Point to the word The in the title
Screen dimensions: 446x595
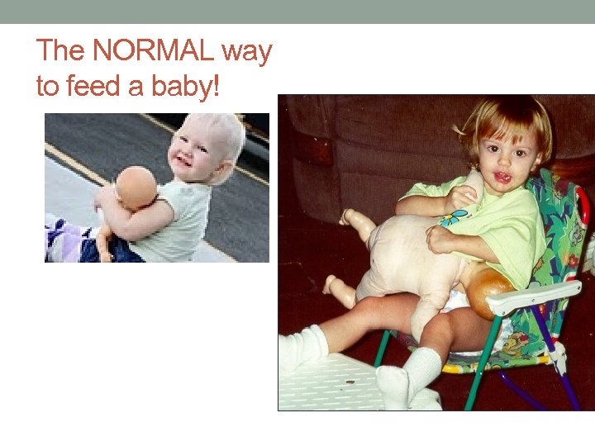(60, 51)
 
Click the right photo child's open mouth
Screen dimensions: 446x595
(501, 176)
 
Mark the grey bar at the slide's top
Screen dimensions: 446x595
(297, 12)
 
